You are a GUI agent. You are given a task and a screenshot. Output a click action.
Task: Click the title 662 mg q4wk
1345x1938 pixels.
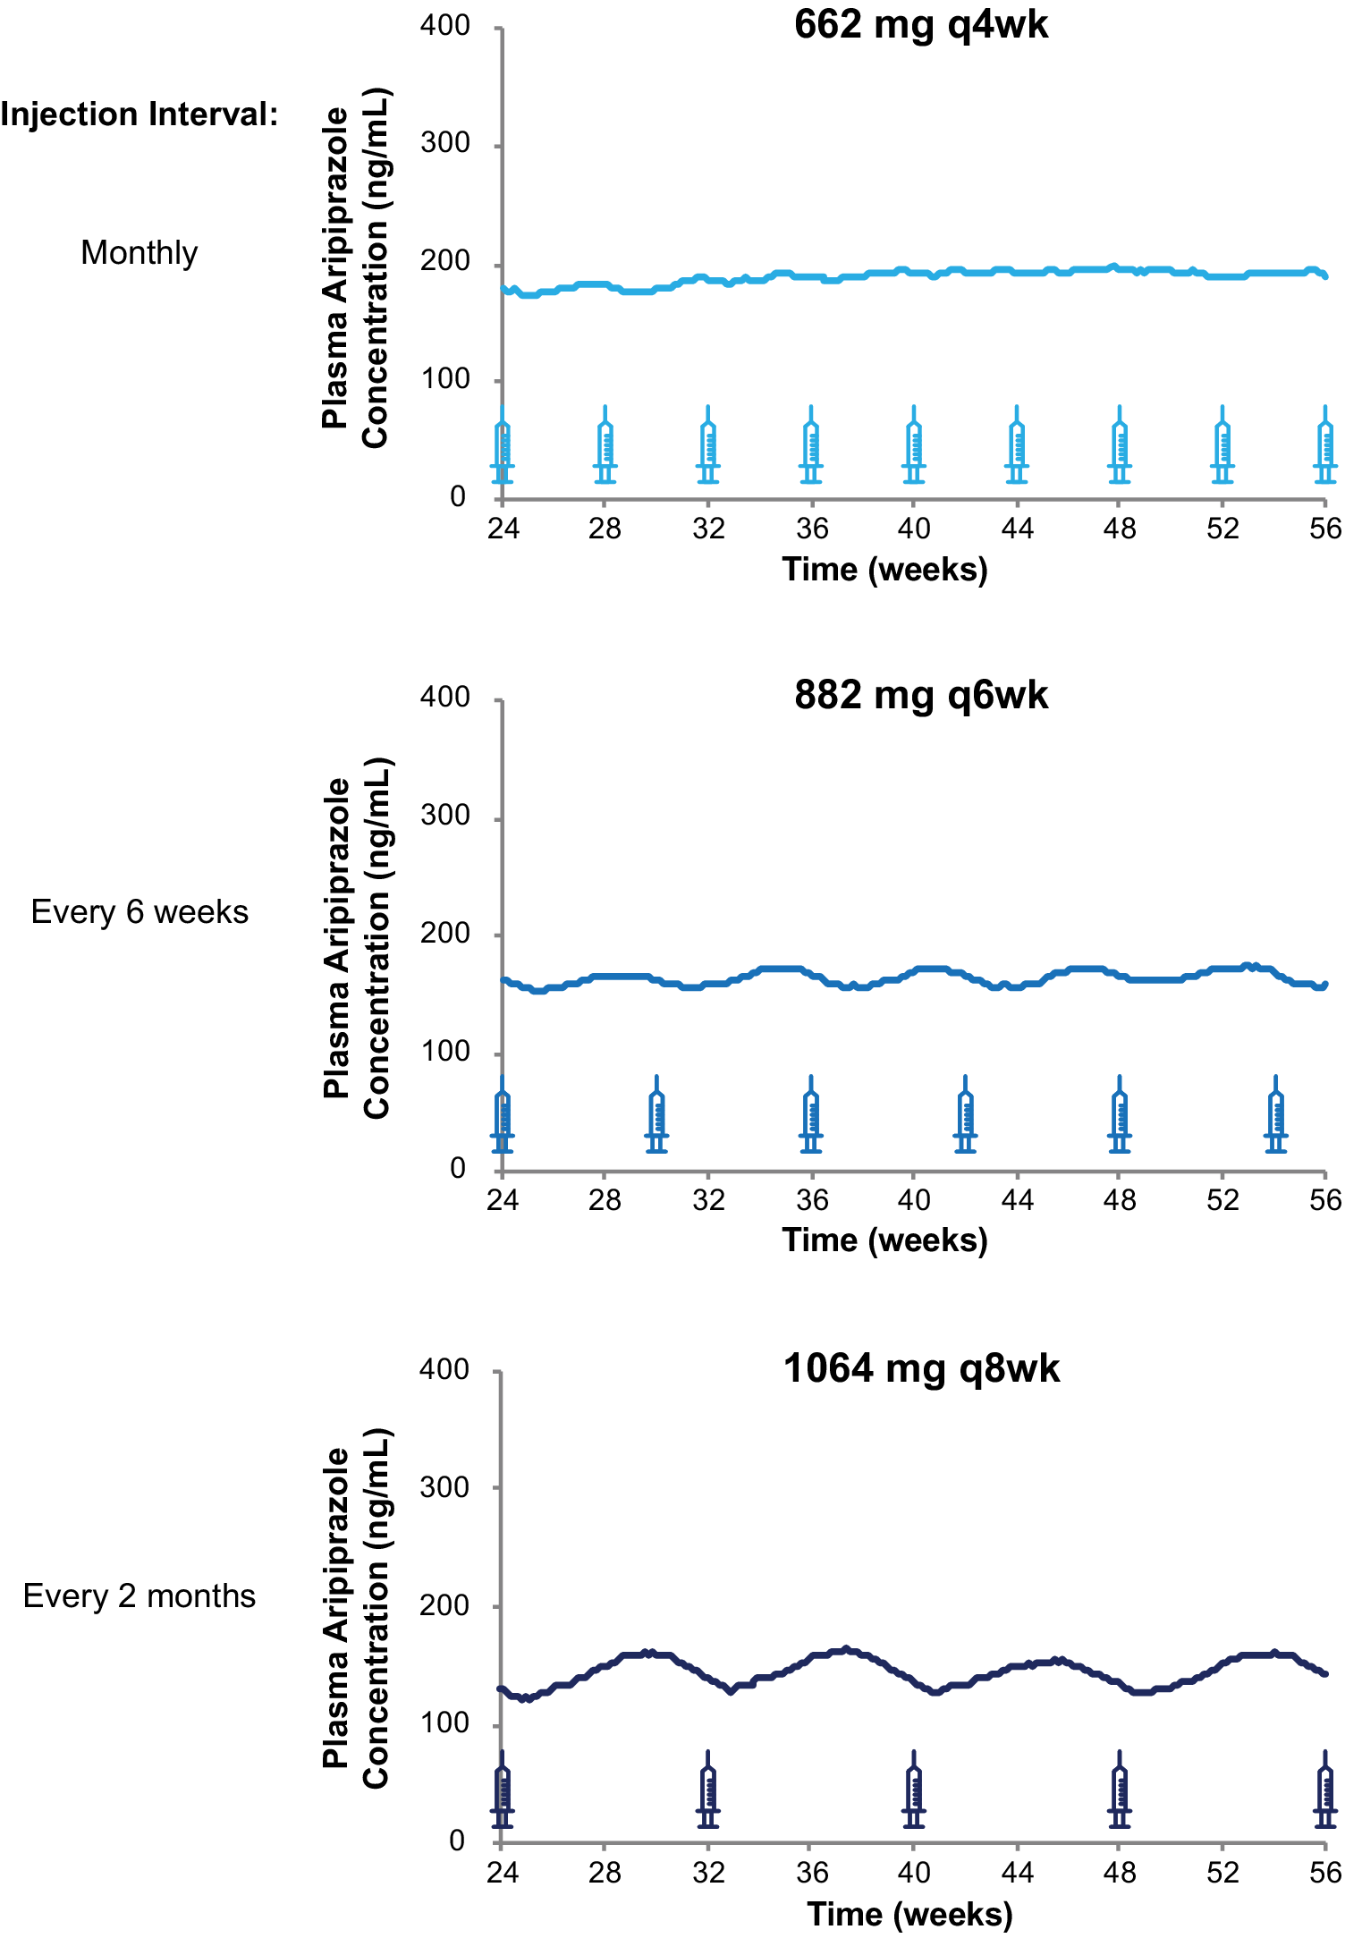pyautogui.click(x=920, y=25)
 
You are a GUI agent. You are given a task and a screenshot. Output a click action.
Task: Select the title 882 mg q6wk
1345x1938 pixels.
pyautogui.click(x=920, y=696)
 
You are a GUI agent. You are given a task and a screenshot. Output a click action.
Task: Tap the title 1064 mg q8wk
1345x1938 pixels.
pyautogui.click(x=920, y=1368)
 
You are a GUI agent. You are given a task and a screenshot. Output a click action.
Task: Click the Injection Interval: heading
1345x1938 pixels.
pyautogui.click(x=140, y=114)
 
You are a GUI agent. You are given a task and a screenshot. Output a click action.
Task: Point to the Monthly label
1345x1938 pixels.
pyautogui.click(x=140, y=253)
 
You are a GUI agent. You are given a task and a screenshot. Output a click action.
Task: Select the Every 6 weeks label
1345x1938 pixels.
pyautogui.click(x=140, y=912)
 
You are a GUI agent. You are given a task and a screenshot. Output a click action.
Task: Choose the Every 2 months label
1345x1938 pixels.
pyautogui.click(x=140, y=1596)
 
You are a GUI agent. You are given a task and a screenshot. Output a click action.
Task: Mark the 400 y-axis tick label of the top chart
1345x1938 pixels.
pyautogui.click(x=445, y=26)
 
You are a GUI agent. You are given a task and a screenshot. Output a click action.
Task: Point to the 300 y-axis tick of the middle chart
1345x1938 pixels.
pyautogui.click(x=445, y=816)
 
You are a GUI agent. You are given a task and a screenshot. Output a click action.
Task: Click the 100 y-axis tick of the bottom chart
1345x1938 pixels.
pyautogui.click(x=445, y=1723)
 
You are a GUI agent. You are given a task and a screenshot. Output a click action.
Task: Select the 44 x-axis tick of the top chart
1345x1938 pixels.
pyautogui.click(x=1017, y=529)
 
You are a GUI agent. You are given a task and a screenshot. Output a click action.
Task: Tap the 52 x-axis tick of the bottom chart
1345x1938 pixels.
pyautogui.click(x=1222, y=1873)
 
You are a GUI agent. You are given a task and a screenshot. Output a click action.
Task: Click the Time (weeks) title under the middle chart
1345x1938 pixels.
pyautogui.click(x=884, y=1240)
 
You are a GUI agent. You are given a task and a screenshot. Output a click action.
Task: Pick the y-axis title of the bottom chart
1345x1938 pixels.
pyautogui.click(x=356, y=1608)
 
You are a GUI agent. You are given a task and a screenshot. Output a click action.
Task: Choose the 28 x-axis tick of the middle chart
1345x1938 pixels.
pyautogui.click(x=605, y=1200)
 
